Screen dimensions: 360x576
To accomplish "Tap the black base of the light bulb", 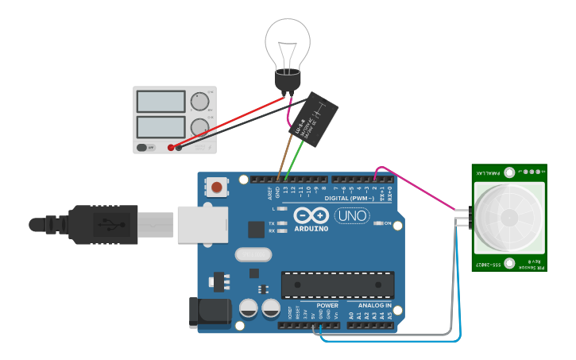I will pyautogui.click(x=287, y=81).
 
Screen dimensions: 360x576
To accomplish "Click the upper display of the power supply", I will pyautogui.click(x=160, y=101).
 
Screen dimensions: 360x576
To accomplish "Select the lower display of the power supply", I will pyautogui.click(x=160, y=126).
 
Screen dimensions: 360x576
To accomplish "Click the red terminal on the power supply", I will pyautogui.click(x=171, y=147).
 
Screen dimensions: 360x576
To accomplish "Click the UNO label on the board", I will pyautogui.click(x=351, y=215).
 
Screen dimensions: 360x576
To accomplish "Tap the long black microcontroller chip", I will pyautogui.click(x=337, y=285).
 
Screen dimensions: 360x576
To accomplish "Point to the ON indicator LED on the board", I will pyautogui.click(x=378, y=224).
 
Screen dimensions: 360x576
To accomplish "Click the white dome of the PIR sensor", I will pyautogui.click(x=508, y=216).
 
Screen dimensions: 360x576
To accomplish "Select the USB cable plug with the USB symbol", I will pyautogui.click(x=119, y=225).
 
